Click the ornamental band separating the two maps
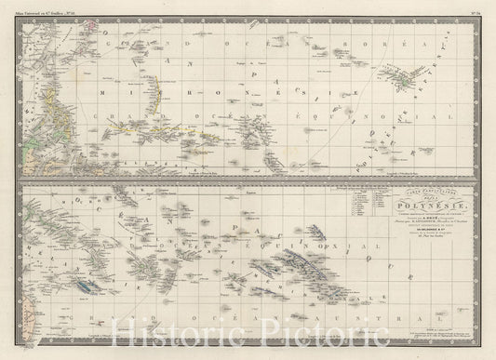[248, 179]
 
